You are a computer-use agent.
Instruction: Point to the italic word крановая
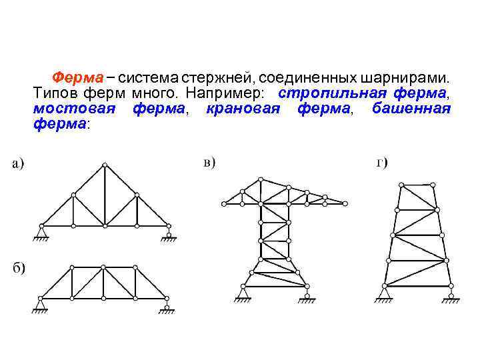tap(242, 107)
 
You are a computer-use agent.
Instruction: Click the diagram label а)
tap(18, 163)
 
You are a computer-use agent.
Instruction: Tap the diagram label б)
tap(18, 269)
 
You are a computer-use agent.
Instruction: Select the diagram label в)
tap(209, 163)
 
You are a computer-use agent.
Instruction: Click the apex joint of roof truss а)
tap(103, 165)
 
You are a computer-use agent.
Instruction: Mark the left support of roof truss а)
tap(40, 231)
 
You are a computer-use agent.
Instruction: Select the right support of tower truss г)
tap(451, 292)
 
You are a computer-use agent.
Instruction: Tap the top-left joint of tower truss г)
tap(401, 183)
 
